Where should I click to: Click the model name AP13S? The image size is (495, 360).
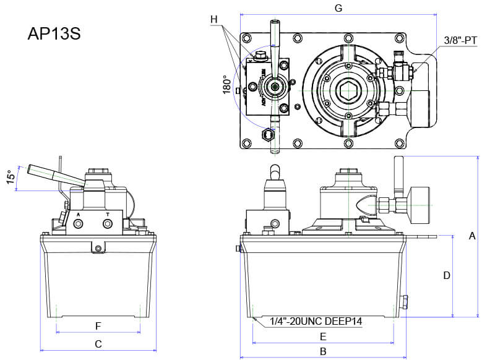click(54, 33)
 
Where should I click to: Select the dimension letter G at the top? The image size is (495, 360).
click(338, 8)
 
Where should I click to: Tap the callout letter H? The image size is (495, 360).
click(214, 19)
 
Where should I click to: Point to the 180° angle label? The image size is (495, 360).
click(226, 85)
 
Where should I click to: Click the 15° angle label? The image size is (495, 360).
click(10, 178)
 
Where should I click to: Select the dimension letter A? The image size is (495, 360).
click(472, 236)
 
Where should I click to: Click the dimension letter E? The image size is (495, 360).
click(322, 336)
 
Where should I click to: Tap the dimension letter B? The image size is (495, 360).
click(322, 351)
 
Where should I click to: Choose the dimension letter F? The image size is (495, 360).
click(98, 325)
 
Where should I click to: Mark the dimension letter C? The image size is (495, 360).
click(98, 343)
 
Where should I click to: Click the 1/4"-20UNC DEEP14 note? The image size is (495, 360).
click(316, 322)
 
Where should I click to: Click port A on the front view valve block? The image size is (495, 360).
click(79, 226)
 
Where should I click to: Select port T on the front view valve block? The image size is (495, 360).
click(108, 226)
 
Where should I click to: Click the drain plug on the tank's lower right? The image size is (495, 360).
click(405, 302)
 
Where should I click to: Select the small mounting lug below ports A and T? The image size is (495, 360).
click(97, 248)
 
